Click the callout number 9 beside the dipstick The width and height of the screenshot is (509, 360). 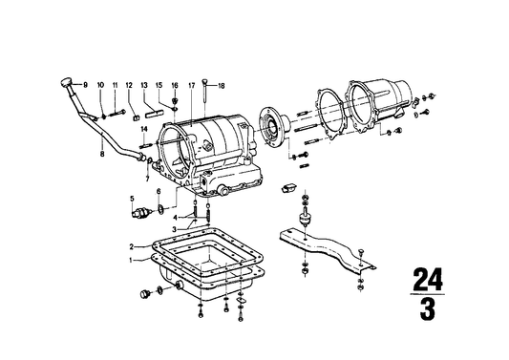(x=85, y=85)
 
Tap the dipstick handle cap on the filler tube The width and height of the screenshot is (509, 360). (x=66, y=82)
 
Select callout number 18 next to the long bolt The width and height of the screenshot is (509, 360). (x=221, y=86)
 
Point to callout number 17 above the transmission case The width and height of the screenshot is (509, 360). (x=192, y=85)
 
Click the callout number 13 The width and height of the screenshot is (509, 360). (x=144, y=85)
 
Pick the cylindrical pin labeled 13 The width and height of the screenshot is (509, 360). (x=154, y=114)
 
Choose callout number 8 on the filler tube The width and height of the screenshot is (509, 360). (x=102, y=154)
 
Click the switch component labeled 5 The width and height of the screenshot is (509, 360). (x=139, y=213)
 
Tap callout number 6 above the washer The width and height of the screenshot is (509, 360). (x=159, y=192)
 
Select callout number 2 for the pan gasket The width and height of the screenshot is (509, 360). (x=132, y=247)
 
